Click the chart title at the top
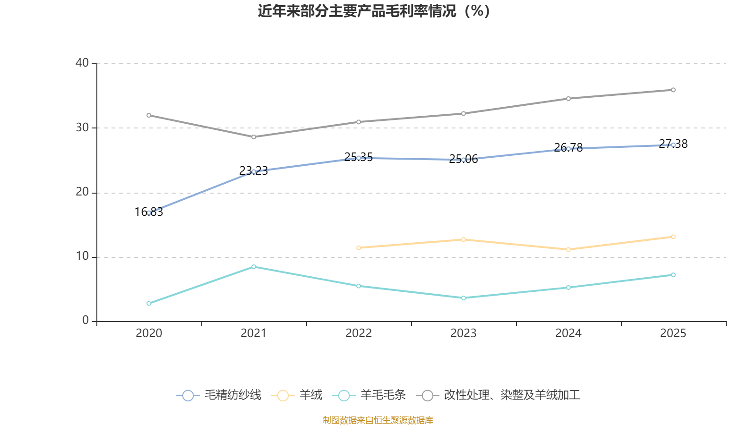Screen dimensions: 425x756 tap(374, 11)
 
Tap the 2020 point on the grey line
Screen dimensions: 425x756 tap(149, 115)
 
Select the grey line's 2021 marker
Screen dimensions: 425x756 tap(254, 137)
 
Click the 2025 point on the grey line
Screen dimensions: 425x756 tap(673, 90)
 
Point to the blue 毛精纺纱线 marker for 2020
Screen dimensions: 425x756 tap(149, 213)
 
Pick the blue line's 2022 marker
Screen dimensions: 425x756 tap(359, 158)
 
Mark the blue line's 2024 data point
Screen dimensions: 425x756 tap(568, 149)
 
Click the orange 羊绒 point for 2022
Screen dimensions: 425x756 tap(359, 247)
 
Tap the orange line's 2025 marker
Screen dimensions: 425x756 tap(673, 237)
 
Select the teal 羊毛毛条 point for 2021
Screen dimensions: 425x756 tap(254, 267)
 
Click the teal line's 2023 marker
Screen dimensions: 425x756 tap(464, 298)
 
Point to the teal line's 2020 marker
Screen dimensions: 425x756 tap(149, 303)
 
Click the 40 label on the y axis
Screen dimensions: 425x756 tap(82, 63)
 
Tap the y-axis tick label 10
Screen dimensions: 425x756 tap(82, 256)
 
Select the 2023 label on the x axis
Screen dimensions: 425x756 tap(464, 333)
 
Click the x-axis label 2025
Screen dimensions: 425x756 tap(673, 333)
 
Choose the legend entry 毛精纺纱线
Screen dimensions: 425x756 tap(219, 395)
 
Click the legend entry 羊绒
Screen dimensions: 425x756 tap(297, 395)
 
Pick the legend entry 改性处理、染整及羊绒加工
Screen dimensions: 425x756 tap(498, 395)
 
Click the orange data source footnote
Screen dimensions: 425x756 tap(378, 420)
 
